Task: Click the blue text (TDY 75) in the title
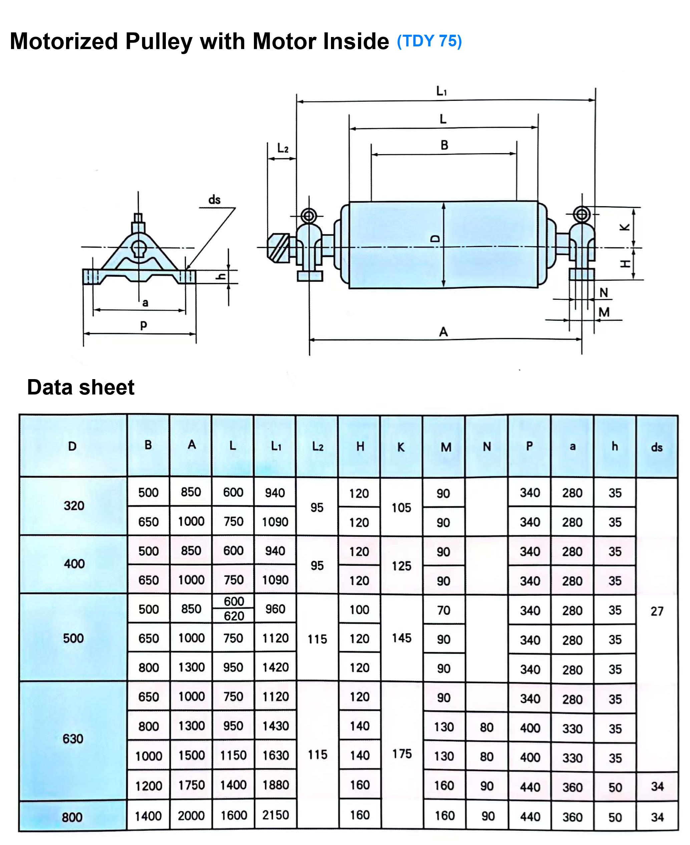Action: (429, 41)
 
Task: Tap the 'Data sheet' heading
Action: (81, 387)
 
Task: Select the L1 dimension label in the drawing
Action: (441, 91)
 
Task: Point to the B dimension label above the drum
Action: (444, 146)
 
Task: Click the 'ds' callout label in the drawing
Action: (214, 200)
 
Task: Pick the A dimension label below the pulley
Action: (443, 332)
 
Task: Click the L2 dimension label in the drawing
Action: (283, 149)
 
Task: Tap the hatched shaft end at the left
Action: (279, 248)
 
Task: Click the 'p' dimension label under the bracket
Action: (143, 325)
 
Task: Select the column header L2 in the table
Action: (318, 447)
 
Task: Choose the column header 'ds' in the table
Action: (657, 448)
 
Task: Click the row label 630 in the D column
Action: (73, 739)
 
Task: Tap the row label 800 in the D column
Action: (72, 817)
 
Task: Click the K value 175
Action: (402, 754)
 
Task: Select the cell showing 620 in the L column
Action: (234, 616)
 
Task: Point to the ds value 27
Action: (657, 611)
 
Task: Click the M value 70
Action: (443, 610)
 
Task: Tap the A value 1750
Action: (192, 785)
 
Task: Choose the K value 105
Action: (401, 508)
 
